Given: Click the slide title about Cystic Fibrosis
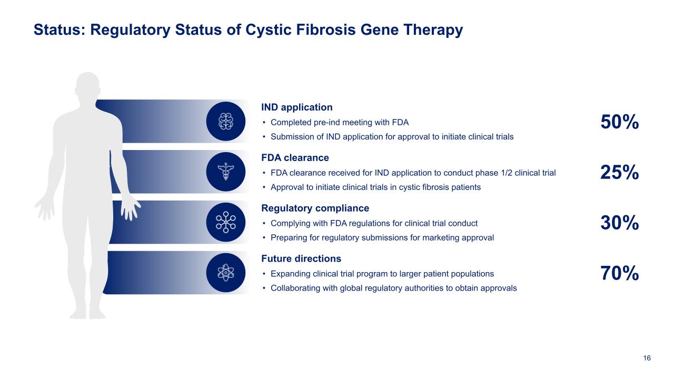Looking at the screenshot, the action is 248,30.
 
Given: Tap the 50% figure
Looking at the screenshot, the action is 620,122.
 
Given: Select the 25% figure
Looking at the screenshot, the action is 620,172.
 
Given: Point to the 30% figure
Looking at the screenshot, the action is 620,223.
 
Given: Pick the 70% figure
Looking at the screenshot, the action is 620,274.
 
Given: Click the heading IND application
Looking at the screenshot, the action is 297,107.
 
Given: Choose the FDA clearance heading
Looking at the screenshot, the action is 295,158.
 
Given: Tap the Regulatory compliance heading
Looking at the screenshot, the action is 315,208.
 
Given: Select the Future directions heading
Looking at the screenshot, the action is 301,258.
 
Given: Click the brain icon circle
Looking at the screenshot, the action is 226,121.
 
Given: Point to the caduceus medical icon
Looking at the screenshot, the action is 226,172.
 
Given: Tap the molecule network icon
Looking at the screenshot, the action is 226,222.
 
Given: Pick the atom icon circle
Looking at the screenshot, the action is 226,272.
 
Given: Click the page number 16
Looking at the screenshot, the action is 647,358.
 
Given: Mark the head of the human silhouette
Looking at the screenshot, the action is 88,87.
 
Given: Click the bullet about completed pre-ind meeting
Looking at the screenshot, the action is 339,123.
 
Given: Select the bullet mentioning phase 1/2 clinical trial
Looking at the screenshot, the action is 413,173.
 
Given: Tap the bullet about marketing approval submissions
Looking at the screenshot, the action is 382,237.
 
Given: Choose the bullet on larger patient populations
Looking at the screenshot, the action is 382,274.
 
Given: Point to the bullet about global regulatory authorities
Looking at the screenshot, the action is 393,288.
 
